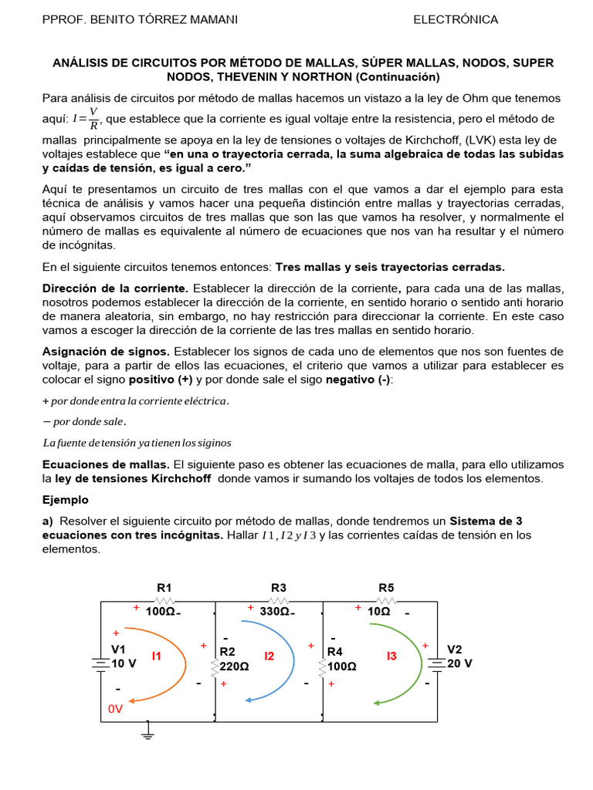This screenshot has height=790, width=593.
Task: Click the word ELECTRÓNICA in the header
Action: (456, 19)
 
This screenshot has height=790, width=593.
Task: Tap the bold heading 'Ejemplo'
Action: (66, 500)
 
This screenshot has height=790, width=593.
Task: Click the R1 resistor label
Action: (163, 588)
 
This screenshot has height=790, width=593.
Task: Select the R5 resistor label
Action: (386, 588)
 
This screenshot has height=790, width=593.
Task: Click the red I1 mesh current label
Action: (157, 656)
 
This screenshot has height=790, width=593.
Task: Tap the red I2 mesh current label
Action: (269, 656)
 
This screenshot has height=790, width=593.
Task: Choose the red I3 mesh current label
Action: (391, 656)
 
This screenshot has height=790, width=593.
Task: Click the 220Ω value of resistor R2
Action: (235, 666)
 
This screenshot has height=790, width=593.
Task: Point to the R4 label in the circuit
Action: (335, 652)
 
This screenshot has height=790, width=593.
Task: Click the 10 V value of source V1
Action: (124, 663)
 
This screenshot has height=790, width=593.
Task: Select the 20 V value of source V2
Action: (459, 663)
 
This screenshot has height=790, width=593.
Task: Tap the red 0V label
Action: (115, 708)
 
